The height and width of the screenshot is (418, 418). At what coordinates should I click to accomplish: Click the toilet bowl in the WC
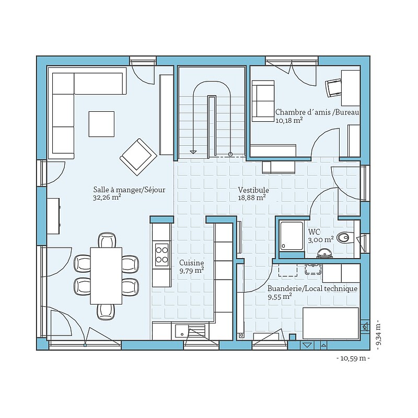point(344,237)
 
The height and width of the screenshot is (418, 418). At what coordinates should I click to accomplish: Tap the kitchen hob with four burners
point(161,254)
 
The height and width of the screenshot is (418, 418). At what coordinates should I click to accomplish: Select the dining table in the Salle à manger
point(106,276)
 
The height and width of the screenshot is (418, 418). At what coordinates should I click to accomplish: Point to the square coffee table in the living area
point(101,124)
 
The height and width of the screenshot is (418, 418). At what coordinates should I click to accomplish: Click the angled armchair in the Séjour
point(138,157)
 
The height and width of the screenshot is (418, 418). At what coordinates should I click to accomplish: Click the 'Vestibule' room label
point(253,190)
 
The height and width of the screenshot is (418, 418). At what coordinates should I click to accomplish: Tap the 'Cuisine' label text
point(191,263)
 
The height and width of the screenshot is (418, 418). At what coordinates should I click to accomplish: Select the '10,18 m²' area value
point(289,120)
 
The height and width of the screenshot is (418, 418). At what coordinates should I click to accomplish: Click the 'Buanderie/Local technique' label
point(312,288)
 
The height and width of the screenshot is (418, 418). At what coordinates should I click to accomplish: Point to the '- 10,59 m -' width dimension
point(353,358)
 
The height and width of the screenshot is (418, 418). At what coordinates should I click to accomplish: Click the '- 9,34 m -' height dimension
point(378,334)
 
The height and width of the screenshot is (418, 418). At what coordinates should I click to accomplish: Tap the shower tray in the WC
point(292,236)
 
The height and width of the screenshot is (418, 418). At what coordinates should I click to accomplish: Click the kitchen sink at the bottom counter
point(181,332)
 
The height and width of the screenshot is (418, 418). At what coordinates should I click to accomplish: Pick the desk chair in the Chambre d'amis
point(333,87)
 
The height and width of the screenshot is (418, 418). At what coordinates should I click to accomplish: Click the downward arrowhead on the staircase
point(193,152)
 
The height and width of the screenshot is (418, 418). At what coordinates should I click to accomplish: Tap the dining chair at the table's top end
point(107,240)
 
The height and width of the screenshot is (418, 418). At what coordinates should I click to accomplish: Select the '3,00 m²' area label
point(321,240)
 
